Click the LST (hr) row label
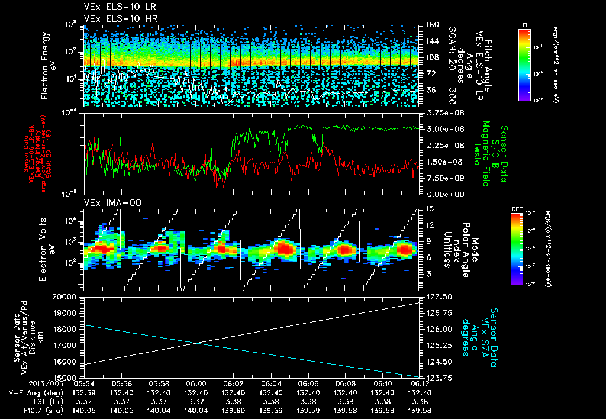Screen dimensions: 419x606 coord(32,401)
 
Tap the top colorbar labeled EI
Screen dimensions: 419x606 coord(524,63)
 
